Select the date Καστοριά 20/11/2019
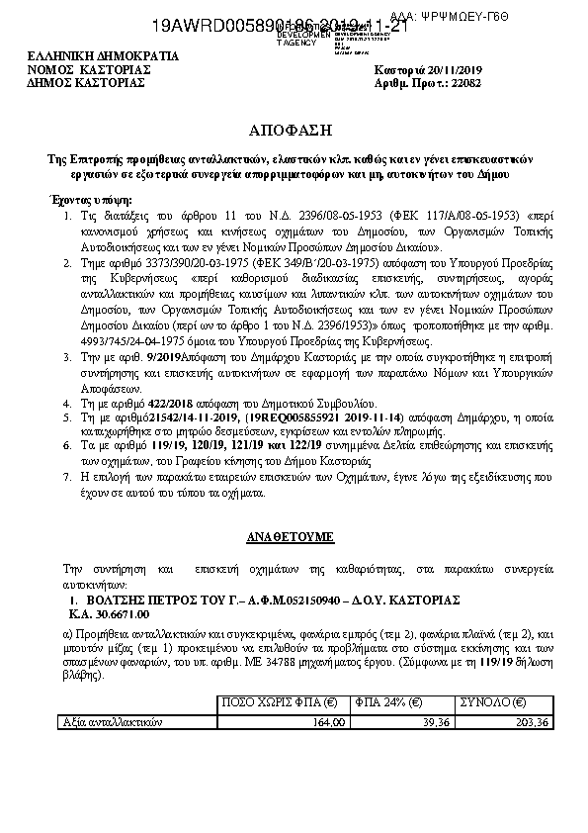point(426,71)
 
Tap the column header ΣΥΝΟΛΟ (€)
point(494,703)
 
